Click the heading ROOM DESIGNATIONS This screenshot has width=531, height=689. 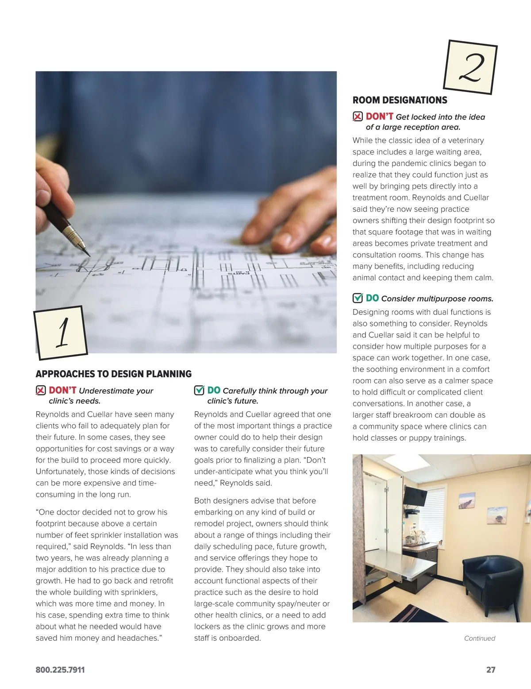pos(400,100)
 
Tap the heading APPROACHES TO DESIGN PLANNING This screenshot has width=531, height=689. pos(113,374)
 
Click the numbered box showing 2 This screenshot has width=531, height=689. pos(470,67)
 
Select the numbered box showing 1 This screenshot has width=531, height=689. pos(61,332)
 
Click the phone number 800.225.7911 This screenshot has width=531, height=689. pos(60,670)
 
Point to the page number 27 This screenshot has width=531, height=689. pos(491,670)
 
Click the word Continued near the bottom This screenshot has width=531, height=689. pos(479,638)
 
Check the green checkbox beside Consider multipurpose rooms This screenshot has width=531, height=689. pos(358,298)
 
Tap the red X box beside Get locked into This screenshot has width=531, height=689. pos(358,116)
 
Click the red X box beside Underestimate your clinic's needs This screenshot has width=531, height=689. pos(41,390)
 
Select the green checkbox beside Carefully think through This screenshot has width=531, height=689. pos(199,390)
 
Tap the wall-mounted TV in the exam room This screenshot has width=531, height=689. pos(415,496)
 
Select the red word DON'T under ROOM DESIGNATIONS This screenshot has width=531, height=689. pos(379,116)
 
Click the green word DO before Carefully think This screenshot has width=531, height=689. pos(214,390)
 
